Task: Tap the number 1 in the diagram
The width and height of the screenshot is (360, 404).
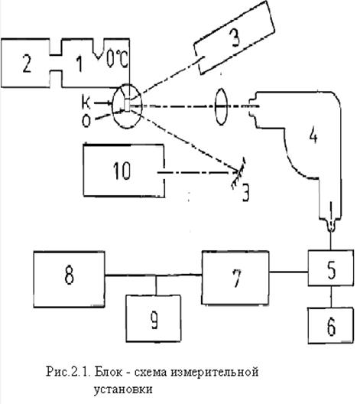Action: click(x=80, y=64)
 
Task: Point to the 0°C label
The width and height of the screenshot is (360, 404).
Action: click(x=118, y=59)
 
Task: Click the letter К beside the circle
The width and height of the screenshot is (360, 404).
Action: click(x=86, y=103)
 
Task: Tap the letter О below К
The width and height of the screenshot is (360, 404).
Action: click(x=86, y=121)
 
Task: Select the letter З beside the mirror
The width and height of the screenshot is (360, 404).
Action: click(x=246, y=193)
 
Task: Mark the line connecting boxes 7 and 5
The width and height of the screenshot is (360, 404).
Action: click(x=288, y=272)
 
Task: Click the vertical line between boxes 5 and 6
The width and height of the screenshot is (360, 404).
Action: click(x=331, y=297)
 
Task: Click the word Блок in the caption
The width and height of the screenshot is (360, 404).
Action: click(x=109, y=372)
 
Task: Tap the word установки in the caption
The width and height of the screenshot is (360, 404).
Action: click(x=123, y=389)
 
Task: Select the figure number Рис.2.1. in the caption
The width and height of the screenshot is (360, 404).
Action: click(x=68, y=372)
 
